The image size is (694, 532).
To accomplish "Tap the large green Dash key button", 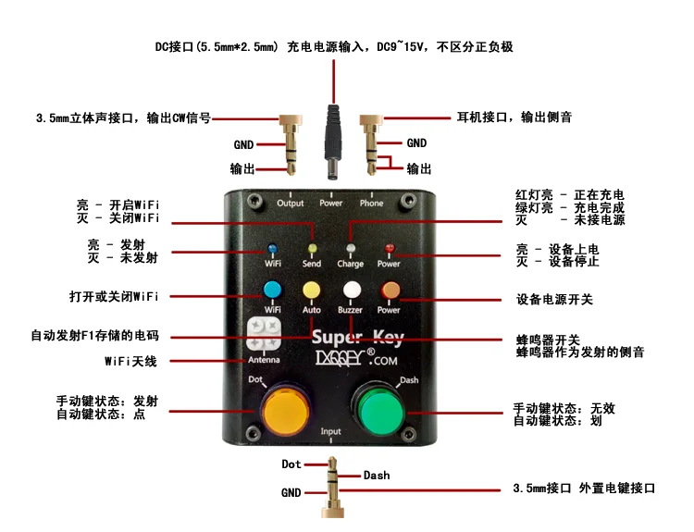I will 378,408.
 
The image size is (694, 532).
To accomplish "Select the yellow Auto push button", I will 311,290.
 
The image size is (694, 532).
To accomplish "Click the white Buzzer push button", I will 351,290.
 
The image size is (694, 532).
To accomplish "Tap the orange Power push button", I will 390,290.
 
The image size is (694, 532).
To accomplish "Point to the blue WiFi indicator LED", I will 273,249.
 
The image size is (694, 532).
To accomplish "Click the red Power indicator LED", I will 390,249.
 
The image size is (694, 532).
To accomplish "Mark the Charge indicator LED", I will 351,249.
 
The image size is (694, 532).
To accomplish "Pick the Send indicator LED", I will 312,249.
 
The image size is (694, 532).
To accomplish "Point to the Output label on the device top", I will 290,203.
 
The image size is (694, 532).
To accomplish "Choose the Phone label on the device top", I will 371,203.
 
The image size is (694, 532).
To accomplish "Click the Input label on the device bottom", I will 330,432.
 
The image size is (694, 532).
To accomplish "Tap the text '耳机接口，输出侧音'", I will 514,118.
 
